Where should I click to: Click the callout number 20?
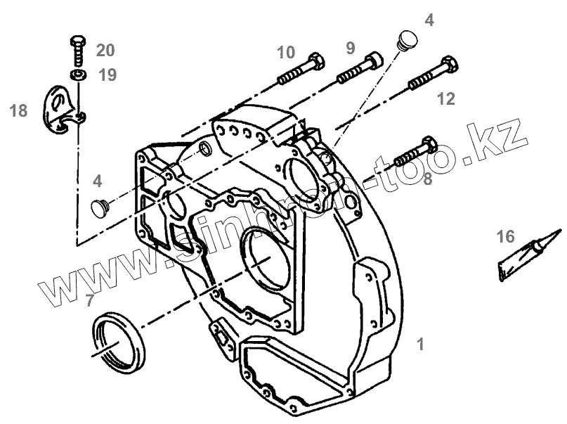(x=105, y=50)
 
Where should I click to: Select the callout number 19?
(x=107, y=75)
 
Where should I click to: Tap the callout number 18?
(x=18, y=110)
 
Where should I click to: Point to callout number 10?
(x=285, y=52)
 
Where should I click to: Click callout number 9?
(x=350, y=48)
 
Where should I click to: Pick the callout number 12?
(x=446, y=98)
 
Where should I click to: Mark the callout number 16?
(x=506, y=236)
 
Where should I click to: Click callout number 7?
(x=89, y=302)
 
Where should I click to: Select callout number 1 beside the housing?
(x=420, y=345)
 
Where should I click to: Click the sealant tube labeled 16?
(x=527, y=255)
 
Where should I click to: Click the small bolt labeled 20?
(x=78, y=49)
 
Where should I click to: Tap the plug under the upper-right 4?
(x=406, y=40)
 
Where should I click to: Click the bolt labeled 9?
(x=359, y=67)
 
